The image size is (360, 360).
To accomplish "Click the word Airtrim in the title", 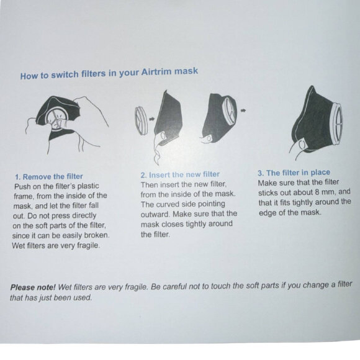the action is pyautogui.click(x=156, y=72).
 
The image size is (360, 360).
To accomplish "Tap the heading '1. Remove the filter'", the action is pyautogui.click(x=49, y=176).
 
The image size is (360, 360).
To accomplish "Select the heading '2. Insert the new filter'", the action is pyautogui.click(x=180, y=174).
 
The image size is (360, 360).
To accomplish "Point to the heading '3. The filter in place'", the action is pyautogui.click(x=294, y=173).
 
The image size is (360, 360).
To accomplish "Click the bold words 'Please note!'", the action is pyautogui.click(x=33, y=287).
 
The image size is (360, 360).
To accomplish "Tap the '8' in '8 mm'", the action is pyautogui.click(x=317, y=192).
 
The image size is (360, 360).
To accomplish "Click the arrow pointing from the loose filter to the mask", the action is pyautogui.click(x=151, y=119).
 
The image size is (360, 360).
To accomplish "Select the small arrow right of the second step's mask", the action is pyautogui.click(x=243, y=110).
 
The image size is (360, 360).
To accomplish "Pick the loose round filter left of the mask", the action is pyautogui.click(x=140, y=122).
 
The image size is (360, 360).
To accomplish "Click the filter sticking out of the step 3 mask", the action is pyautogui.click(x=337, y=124).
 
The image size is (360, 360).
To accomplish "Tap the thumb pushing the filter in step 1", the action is pyautogui.click(x=62, y=123).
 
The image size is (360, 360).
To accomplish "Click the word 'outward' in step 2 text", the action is pyautogui.click(x=155, y=214).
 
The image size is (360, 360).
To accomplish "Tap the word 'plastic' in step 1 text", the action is pyautogui.click(x=88, y=186).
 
